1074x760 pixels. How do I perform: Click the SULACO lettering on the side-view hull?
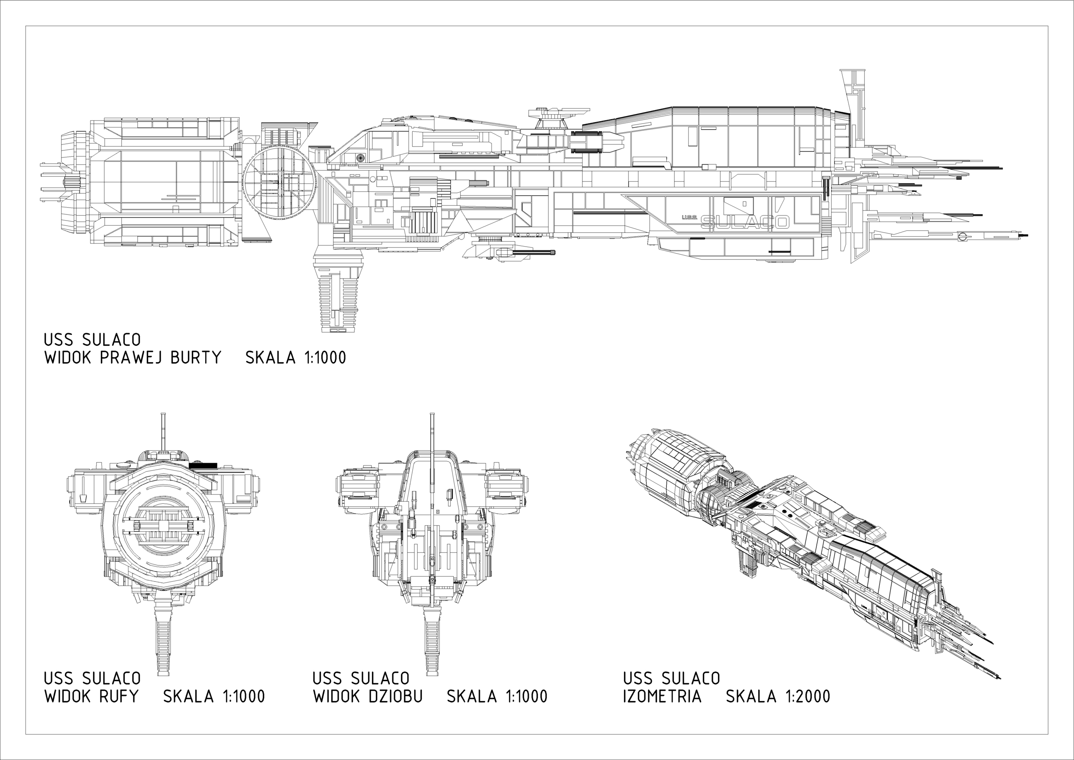(745, 222)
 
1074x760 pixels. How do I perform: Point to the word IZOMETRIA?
(662, 696)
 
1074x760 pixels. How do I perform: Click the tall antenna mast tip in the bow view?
(432, 416)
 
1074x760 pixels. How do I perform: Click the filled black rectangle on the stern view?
(203, 465)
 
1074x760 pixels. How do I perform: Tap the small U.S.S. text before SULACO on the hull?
(689, 217)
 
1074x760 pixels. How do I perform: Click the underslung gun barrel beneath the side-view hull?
(533, 253)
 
